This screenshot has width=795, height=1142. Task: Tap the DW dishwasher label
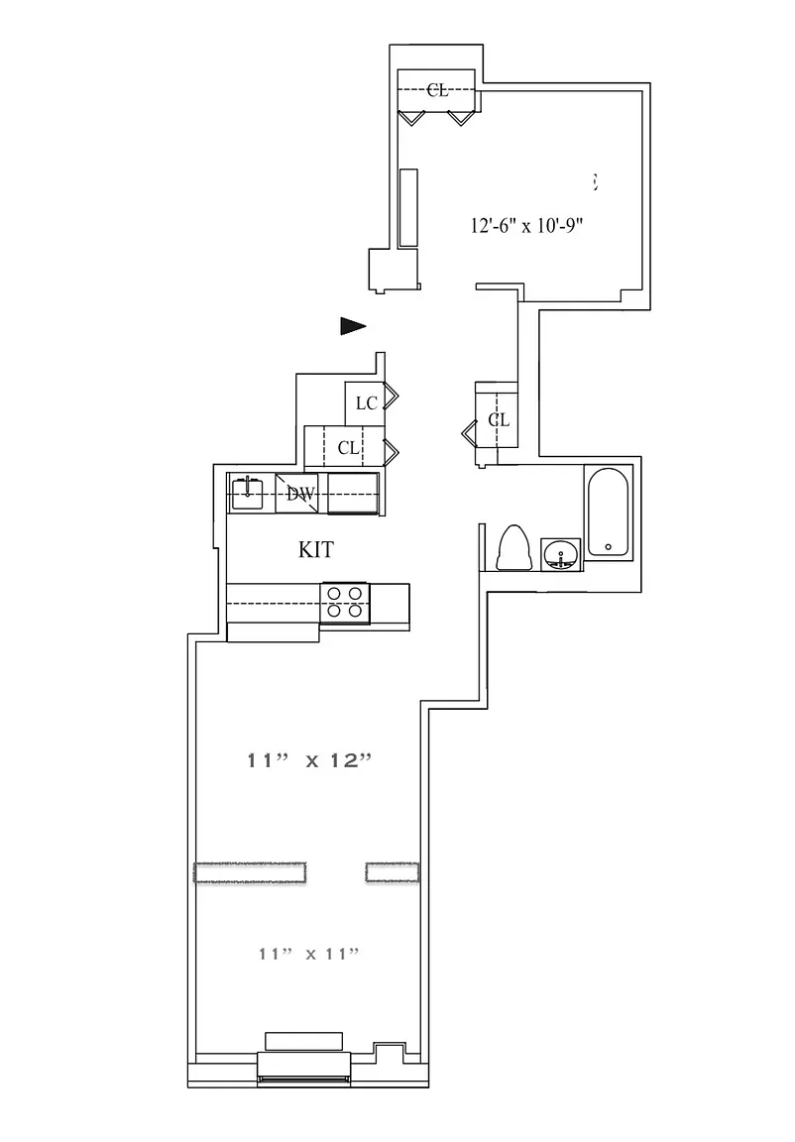[300, 494]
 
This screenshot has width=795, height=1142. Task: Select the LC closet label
[367, 402]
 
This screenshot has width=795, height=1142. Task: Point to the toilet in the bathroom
[513, 548]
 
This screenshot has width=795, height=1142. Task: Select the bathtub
[608, 513]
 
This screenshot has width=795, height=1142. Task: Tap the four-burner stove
[344, 602]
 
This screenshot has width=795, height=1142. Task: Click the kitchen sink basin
[247, 493]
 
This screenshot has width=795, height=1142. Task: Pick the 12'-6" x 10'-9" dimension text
[524, 225]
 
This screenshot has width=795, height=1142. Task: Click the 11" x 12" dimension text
[309, 761]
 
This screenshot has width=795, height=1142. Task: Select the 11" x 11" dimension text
[307, 954]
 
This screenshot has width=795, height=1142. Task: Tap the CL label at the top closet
[437, 90]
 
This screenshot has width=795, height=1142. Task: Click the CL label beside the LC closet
[348, 448]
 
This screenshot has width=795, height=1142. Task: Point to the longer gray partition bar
[251, 872]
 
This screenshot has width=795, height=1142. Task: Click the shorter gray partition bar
[393, 871]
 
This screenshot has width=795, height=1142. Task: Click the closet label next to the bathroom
[499, 420]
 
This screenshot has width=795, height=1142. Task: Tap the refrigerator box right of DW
[353, 493]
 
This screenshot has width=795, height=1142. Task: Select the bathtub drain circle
[608, 546]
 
